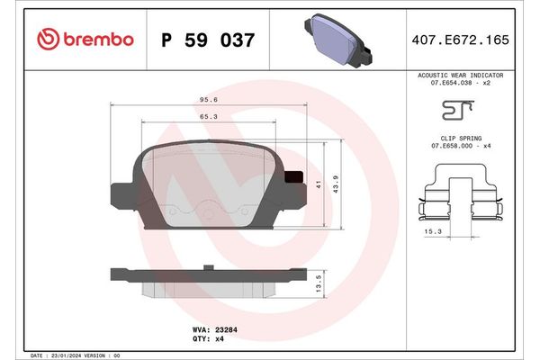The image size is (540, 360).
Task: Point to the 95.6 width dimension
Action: [206, 101]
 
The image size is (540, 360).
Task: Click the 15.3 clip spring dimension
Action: [433, 230]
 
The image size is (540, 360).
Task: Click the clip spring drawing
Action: [460, 199]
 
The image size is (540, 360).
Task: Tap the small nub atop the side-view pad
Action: [207, 266]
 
